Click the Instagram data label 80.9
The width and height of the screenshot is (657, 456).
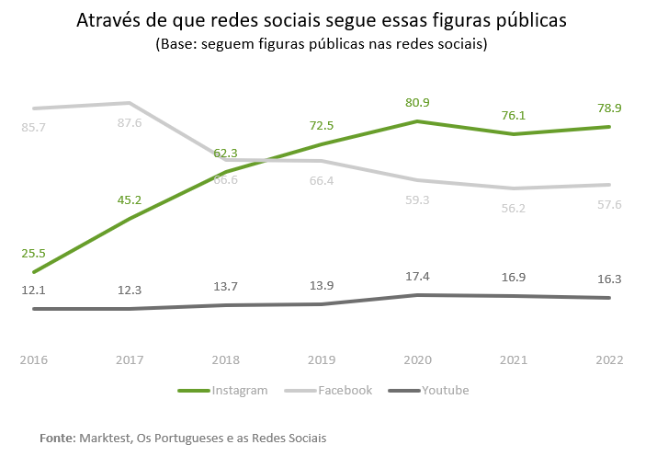(417, 103)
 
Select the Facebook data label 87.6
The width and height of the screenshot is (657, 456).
(130, 123)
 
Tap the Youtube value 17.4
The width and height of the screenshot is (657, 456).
(417, 276)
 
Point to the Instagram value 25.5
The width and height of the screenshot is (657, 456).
(34, 253)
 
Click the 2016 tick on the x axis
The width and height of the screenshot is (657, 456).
(34, 359)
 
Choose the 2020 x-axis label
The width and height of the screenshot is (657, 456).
(417, 359)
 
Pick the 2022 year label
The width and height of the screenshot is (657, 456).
(608, 359)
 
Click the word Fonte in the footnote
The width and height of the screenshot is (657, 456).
(57, 439)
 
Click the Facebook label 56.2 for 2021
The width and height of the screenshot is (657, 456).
(513, 209)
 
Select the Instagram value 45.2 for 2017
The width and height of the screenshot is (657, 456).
(130, 199)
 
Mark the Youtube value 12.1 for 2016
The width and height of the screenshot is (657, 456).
(34, 291)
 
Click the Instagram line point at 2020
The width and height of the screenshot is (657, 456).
(417, 121)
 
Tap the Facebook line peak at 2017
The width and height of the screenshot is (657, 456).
(130, 103)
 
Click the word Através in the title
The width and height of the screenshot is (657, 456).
(108, 21)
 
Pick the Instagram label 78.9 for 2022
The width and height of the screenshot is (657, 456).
(608, 108)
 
